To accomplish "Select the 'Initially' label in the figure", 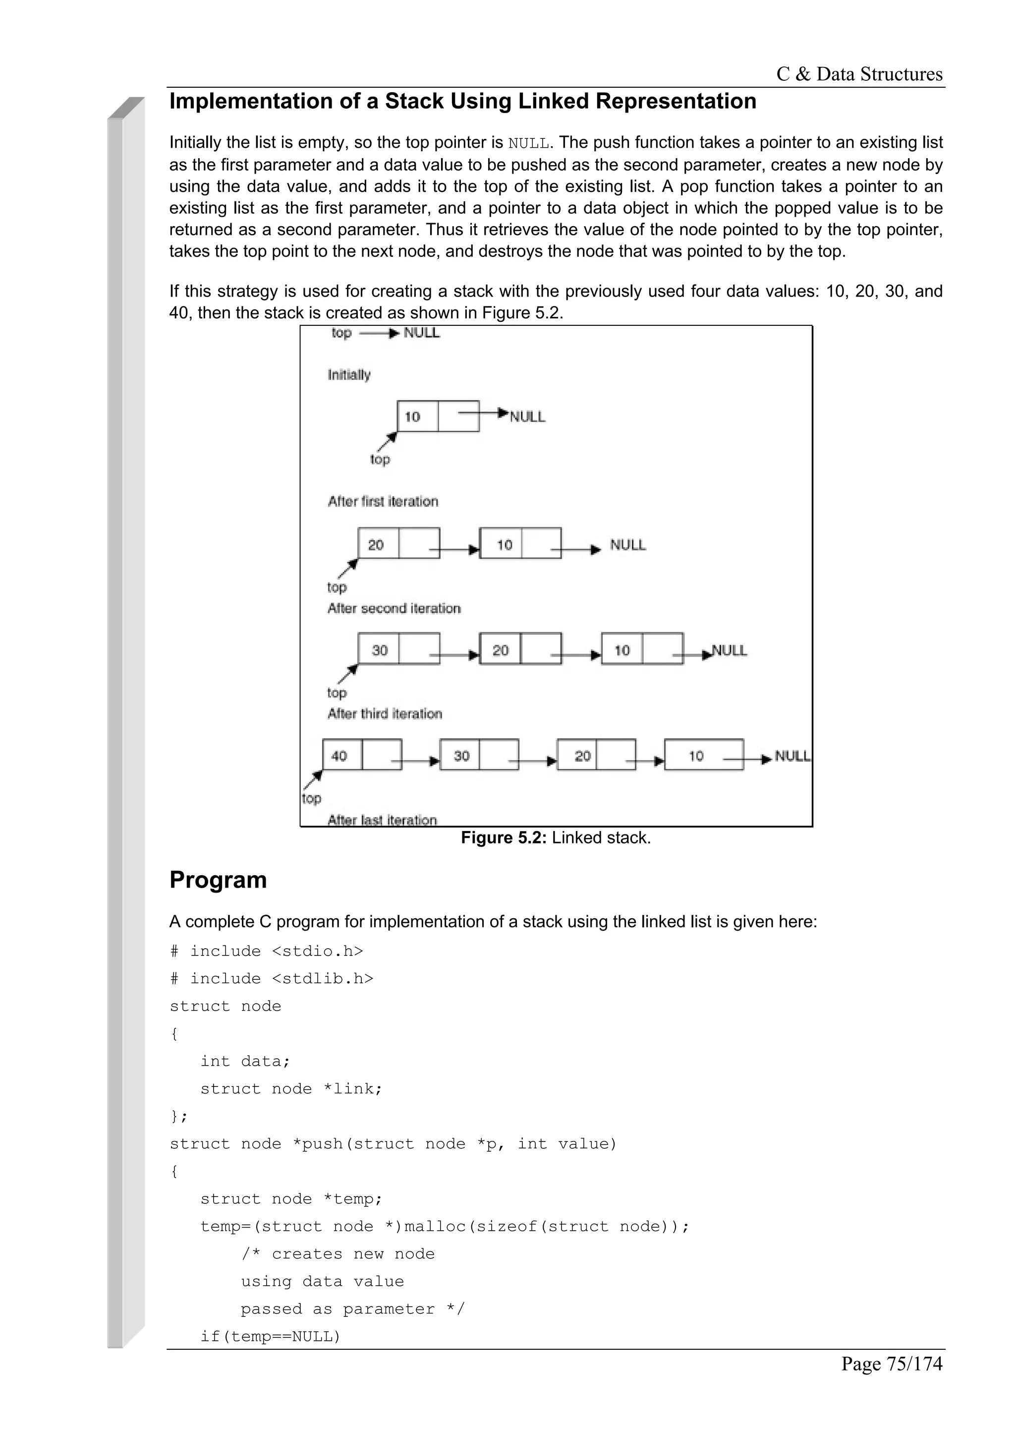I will (x=349, y=375).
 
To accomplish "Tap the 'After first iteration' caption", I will (x=383, y=501).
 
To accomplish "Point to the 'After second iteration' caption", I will (x=394, y=608).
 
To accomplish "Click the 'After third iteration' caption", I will (x=385, y=714).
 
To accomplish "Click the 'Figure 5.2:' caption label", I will (x=504, y=838).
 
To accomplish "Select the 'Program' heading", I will (x=218, y=880).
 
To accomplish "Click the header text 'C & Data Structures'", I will (x=859, y=74).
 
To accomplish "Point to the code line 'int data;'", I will (x=245, y=1062).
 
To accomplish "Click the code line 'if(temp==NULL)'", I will (x=270, y=1337).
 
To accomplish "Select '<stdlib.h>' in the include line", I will (x=323, y=979).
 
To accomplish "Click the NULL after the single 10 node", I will (x=527, y=417).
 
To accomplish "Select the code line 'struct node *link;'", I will (x=291, y=1089).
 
